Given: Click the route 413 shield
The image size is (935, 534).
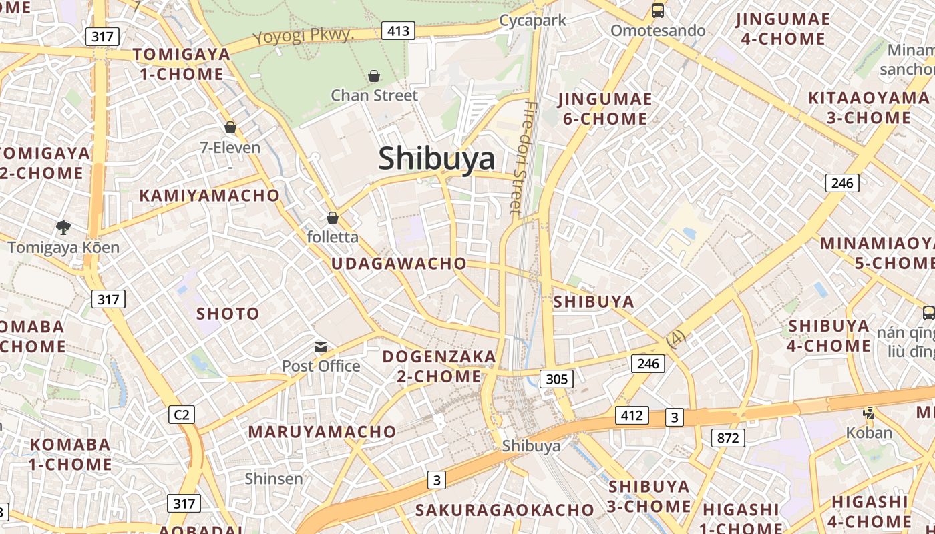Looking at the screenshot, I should pyautogui.click(x=398, y=30).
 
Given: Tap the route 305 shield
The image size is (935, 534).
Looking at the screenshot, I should pyautogui.click(x=556, y=379).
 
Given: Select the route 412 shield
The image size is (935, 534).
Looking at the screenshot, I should pyautogui.click(x=631, y=415).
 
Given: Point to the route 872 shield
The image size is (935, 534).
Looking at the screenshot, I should pyautogui.click(x=727, y=438).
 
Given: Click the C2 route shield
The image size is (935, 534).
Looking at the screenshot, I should pyautogui.click(x=181, y=415).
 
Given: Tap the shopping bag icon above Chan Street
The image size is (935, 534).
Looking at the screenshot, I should pyautogui.click(x=374, y=76).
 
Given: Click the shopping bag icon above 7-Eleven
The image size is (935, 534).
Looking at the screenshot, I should pyautogui.click(x=230, y=127).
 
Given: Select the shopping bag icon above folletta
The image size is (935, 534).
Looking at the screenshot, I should pyautogui.click(x=332, y=218).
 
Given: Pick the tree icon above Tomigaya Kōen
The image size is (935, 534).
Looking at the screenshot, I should pyautogui.click(x=63, y=228).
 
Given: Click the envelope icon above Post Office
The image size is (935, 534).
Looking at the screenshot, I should pyautogui.click(x=321, y=346).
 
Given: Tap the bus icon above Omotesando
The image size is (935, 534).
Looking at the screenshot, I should pyautogui.click(x=658, y=11).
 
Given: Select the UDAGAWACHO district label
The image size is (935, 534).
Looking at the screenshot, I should pyautogui.click(x=399, y=263).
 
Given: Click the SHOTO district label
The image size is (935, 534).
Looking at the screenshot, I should pyautogui.click(x=228, y=314).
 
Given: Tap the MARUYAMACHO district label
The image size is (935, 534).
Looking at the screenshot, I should pyautogui.click(x=322, y=431).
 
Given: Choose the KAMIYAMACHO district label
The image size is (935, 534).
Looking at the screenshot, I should pyautogui.click(x=209, y=195).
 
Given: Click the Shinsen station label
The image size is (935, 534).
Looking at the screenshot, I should pyautogui.click(x=274, y=479).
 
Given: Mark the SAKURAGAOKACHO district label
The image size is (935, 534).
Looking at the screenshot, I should pyautogui.click(x=504, y=510).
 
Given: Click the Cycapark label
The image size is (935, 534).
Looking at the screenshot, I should pyautogui.click(x=533, y=20).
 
